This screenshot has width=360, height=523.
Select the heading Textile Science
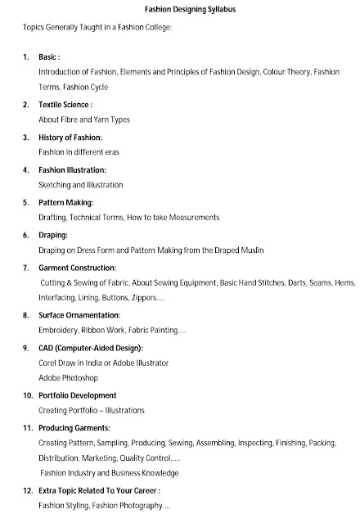pos(65,105)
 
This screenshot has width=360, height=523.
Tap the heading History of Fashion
pos(70,138)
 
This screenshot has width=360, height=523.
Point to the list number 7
pos(26,268)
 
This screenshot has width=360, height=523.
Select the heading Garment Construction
pos(78,268)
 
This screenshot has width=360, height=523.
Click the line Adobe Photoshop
pos(68,378)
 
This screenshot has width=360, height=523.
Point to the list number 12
pos(29,490)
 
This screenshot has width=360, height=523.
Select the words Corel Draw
pos(59,363)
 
